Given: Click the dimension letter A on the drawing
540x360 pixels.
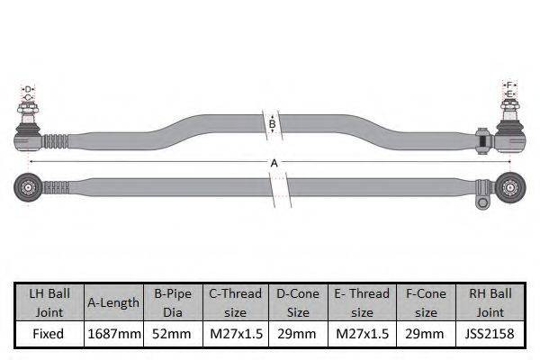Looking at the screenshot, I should [x=274, y=163].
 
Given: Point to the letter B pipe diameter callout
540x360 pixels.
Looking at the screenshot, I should [x=272, y=124].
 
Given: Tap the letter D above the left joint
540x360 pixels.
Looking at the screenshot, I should [x=28, y=89].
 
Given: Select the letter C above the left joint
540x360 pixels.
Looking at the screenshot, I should [x=28, y=97].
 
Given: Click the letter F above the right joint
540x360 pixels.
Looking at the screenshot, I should [x=509, y=85].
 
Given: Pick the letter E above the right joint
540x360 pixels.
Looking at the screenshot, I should [x=509, y=94].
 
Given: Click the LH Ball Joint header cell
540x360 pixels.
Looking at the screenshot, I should [x=49, y=302].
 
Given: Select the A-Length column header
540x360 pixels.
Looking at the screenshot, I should [x=113, y=302].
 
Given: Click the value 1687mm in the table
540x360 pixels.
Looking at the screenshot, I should [x=113, y=334].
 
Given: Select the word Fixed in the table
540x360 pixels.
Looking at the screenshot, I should [x=49, y=334].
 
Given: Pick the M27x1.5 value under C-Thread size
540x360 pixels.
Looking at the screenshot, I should [x=235, y=334].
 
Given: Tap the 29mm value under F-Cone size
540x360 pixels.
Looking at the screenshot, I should [x=426, y=334].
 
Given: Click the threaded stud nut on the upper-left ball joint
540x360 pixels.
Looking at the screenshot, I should [x=28, y=112].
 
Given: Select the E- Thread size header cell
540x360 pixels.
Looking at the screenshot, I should [x=362, y=302].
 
